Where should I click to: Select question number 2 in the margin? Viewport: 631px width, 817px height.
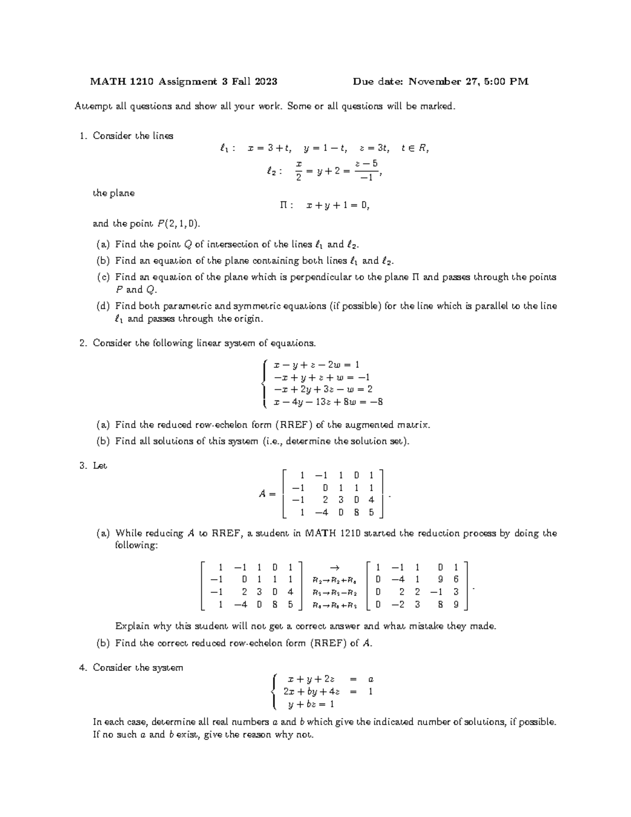(82, 344)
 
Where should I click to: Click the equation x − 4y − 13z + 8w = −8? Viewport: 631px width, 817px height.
(328, 402)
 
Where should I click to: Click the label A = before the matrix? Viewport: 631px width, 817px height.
(267, 494)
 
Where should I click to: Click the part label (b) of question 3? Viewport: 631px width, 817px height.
(104, 643)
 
